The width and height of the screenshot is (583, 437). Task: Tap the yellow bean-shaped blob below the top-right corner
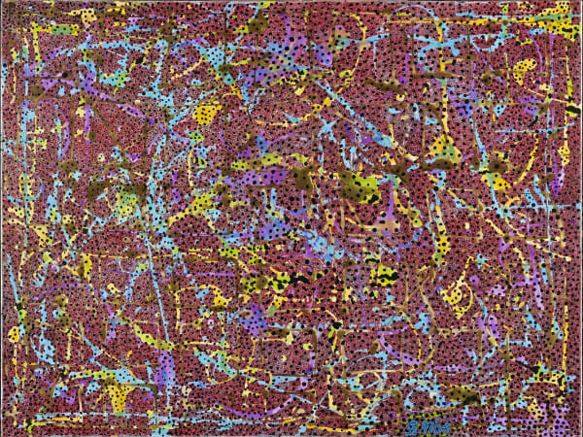point(526,70)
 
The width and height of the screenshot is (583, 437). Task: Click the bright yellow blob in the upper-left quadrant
point(207,115)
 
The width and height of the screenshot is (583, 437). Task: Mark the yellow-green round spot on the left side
point(126,199)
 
